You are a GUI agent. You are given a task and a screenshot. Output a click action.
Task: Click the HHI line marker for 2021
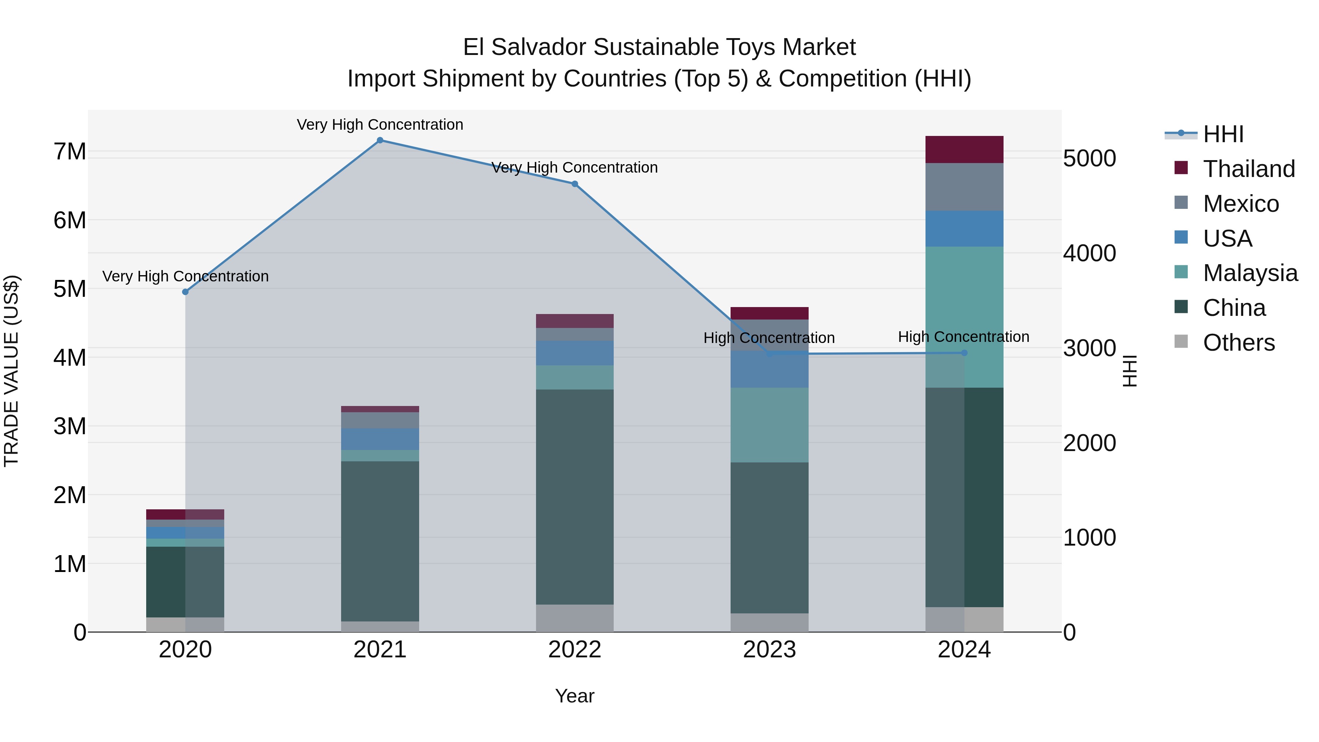pos(380,140)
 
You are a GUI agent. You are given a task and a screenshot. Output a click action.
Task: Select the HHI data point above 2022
pos(574,184)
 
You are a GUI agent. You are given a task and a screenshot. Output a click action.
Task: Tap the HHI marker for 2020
pos(185,292)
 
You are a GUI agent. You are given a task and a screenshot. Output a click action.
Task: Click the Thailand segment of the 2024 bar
pos(964,149)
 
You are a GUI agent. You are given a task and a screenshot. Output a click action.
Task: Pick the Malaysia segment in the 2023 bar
pos(769,425)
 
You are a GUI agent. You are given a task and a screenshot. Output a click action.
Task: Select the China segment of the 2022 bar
pos(574,497)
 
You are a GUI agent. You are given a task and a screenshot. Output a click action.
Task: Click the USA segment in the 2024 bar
pos(964,228)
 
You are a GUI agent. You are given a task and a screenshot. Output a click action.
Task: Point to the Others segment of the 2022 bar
pos(574,618)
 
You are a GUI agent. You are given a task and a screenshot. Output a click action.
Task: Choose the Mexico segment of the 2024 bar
pos(964,187)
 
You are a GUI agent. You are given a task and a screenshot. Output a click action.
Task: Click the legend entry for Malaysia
pos(1250,273)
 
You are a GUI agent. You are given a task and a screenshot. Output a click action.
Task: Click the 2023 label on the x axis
pos(769,650)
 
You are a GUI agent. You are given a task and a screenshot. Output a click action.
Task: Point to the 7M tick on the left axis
pos(70,152)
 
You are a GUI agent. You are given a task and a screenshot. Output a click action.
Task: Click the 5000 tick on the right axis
pos(1090,158)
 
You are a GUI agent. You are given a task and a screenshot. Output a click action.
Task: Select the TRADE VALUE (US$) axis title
pos(11,371)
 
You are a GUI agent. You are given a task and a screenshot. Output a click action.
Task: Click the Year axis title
pos(574,696)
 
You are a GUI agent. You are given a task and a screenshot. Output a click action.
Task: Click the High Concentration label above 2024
pos(963,337)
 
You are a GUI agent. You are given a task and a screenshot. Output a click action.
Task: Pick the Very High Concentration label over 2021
pos(380,125)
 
